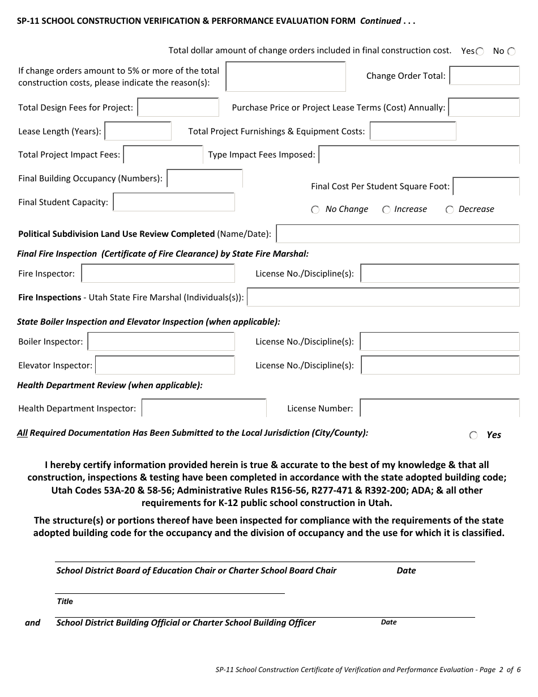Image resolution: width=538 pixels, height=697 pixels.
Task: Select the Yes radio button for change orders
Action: click(x=480, y=52)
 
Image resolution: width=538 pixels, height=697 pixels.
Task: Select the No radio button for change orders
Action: click(x=511, y=52)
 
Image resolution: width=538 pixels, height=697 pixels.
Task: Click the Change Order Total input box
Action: click(x=484, y=76)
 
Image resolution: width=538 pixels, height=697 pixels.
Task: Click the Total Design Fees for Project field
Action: click(x=178, y=107)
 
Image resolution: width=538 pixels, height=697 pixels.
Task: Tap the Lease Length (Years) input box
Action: click(x=138, y=131)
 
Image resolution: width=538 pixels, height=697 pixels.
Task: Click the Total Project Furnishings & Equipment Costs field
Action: click(x=413, y=131)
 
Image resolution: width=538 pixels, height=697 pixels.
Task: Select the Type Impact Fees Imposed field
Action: click(x=419, y=155)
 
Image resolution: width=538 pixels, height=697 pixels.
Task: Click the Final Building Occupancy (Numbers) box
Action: click(x=205, y=178)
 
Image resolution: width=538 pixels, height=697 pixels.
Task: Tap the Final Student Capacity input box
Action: click(x=174, y=202)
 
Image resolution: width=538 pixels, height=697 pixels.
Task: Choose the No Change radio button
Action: click(x=315, y=210)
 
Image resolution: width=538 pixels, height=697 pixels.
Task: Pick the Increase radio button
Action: click(x=386, y=210)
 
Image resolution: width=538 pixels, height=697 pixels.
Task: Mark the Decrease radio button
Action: click(x=450, y=210)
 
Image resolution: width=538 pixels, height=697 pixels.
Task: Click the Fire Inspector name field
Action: click(x=158, y=274)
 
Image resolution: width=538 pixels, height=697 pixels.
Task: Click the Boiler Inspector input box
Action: click(x=161, y=342)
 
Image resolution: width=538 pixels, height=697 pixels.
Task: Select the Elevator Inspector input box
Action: click(x=165, y=365)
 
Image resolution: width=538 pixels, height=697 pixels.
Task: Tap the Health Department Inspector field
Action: click(x=204, y=408)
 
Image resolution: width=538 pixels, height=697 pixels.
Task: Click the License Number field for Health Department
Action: click(x=439, y=408)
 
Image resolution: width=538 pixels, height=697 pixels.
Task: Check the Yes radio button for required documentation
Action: click(x=473, y=435)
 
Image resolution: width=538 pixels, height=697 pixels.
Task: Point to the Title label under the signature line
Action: click(x=65, y=601)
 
